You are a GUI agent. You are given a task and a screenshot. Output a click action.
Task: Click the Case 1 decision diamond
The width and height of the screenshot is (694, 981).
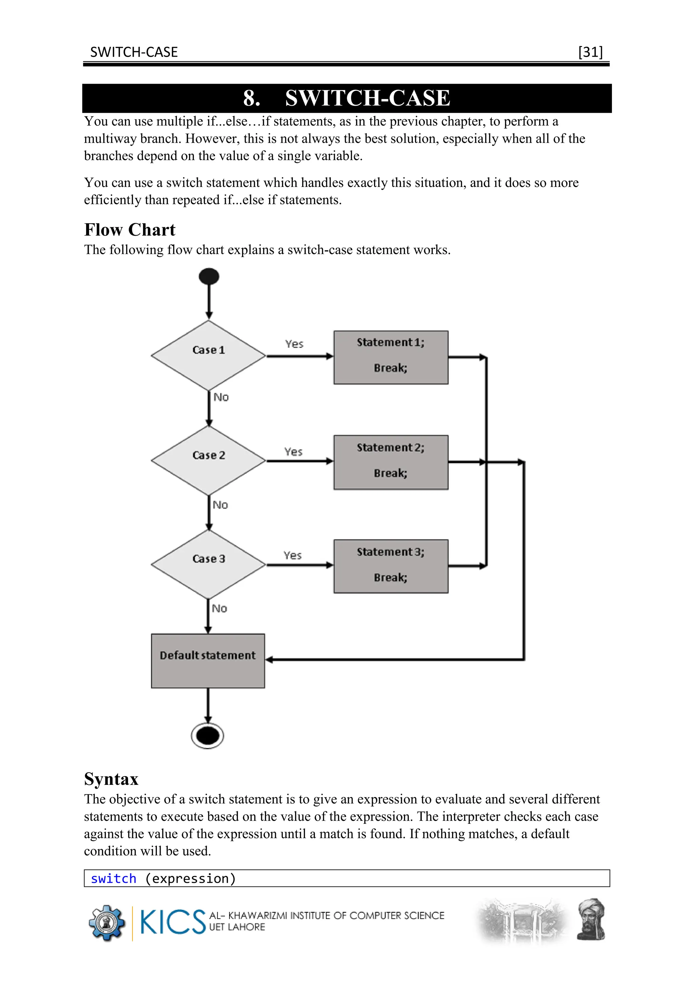click(x=208, y=355)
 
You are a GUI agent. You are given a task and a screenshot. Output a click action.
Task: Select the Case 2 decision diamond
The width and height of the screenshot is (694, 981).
click(x=208, y=461)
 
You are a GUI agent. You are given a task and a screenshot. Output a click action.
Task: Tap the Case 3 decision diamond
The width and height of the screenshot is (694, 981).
click(x=208, y=564)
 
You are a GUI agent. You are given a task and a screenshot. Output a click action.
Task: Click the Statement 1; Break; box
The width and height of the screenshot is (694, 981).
click(x=391, y=357)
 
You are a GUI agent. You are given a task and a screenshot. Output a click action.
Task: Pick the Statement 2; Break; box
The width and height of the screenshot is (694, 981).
click(x=391, y=462)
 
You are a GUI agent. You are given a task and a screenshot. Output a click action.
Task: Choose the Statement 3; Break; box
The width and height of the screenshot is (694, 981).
click(x=391, y=566)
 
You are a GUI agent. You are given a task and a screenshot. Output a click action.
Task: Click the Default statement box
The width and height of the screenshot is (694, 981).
click(x=208, y=661)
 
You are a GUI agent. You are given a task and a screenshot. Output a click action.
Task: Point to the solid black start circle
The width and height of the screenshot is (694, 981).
click(x=209, y=276)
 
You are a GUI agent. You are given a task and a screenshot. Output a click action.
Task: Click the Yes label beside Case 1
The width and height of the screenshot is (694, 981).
click(x=294, y=344)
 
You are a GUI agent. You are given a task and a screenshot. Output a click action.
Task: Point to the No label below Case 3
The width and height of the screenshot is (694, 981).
click(x=220, y=608)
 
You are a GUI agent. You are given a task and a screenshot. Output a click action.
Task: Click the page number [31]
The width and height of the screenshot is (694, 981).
click(x=590, y=52)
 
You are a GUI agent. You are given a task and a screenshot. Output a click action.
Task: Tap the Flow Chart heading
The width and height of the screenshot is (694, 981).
click(x=129, y=230)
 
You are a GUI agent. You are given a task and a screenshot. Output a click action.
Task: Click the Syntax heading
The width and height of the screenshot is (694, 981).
click(x=111, y=779)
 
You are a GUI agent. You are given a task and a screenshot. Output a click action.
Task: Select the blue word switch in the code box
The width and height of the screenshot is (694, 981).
click(x=113, y=878)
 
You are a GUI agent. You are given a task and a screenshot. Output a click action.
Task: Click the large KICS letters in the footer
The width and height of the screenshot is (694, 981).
click(x=172, y=922)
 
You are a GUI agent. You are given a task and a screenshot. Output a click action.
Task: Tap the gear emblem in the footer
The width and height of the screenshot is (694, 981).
click(x=106, y=922)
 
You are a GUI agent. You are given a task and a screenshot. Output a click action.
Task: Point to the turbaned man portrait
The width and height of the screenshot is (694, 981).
click(x=591, y=919)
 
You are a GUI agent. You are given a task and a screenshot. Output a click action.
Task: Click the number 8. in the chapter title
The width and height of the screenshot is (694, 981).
click(x=252, y=98)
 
